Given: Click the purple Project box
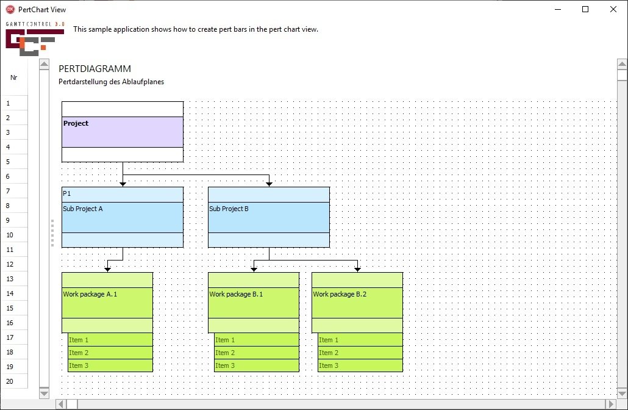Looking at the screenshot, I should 122,132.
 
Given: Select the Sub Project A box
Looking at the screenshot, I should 122,217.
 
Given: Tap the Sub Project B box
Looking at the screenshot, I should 268,217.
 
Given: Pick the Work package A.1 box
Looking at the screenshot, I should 107,302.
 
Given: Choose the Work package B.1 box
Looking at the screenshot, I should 253,302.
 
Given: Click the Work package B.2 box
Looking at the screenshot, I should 357,302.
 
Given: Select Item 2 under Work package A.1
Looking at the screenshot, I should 110,353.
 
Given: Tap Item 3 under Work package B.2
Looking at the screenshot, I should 360,365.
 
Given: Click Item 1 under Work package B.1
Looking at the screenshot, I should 256,340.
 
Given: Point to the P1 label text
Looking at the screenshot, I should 67,193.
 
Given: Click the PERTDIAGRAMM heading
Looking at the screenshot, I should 95,69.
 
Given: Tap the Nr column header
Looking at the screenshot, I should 13,77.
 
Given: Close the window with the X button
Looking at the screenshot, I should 613,9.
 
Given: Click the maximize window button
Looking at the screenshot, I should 585,9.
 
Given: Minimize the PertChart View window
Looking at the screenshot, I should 558,9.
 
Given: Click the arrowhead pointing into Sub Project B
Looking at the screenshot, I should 268,184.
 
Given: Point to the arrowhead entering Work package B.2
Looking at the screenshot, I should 357,269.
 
